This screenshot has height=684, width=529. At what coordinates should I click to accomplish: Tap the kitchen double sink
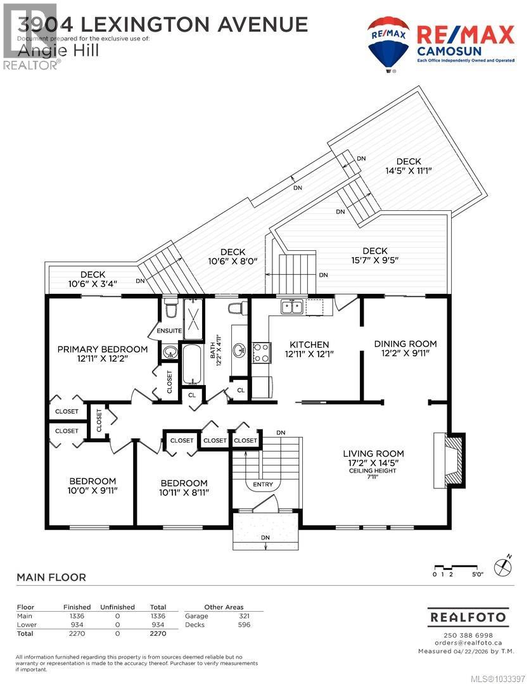(292, 307)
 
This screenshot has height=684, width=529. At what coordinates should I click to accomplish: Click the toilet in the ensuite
(170, 310)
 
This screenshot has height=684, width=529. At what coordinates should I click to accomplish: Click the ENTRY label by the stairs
(263, 484)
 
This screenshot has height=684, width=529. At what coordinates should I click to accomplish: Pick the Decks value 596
(244, 624)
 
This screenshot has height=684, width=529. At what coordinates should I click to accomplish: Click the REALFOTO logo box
(468, 616)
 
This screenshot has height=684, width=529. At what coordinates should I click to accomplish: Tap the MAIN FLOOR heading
(51, 577)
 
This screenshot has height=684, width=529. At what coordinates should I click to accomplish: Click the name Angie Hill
(58, 51)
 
